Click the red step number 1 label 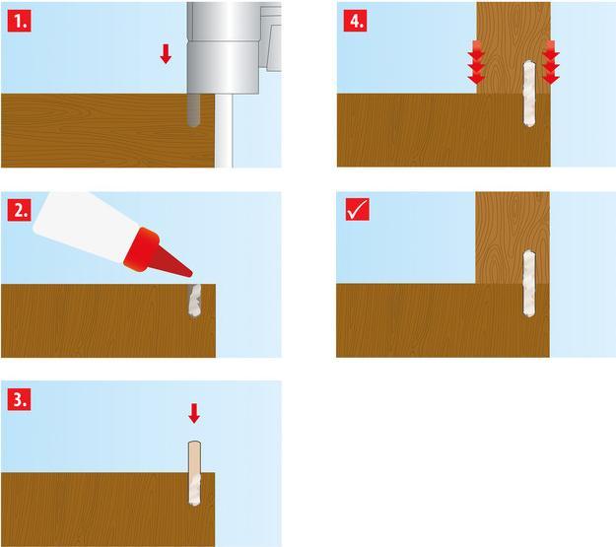(19, 22)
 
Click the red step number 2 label (19, 210)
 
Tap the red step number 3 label (19, 399)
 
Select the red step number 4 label (356, 21)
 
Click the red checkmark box (358, 209)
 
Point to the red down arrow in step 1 (166, 54)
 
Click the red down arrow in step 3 (194, 414)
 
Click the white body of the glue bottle (85, 222)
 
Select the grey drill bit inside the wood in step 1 (193, 110)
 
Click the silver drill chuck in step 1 (223, 47)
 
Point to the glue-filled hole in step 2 (194, 301)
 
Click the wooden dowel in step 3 (194, 473)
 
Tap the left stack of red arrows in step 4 (476, 62)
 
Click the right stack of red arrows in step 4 (550, 62)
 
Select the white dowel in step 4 (529, 94)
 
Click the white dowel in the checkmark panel (529, 283)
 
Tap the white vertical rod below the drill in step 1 (224, 131)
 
